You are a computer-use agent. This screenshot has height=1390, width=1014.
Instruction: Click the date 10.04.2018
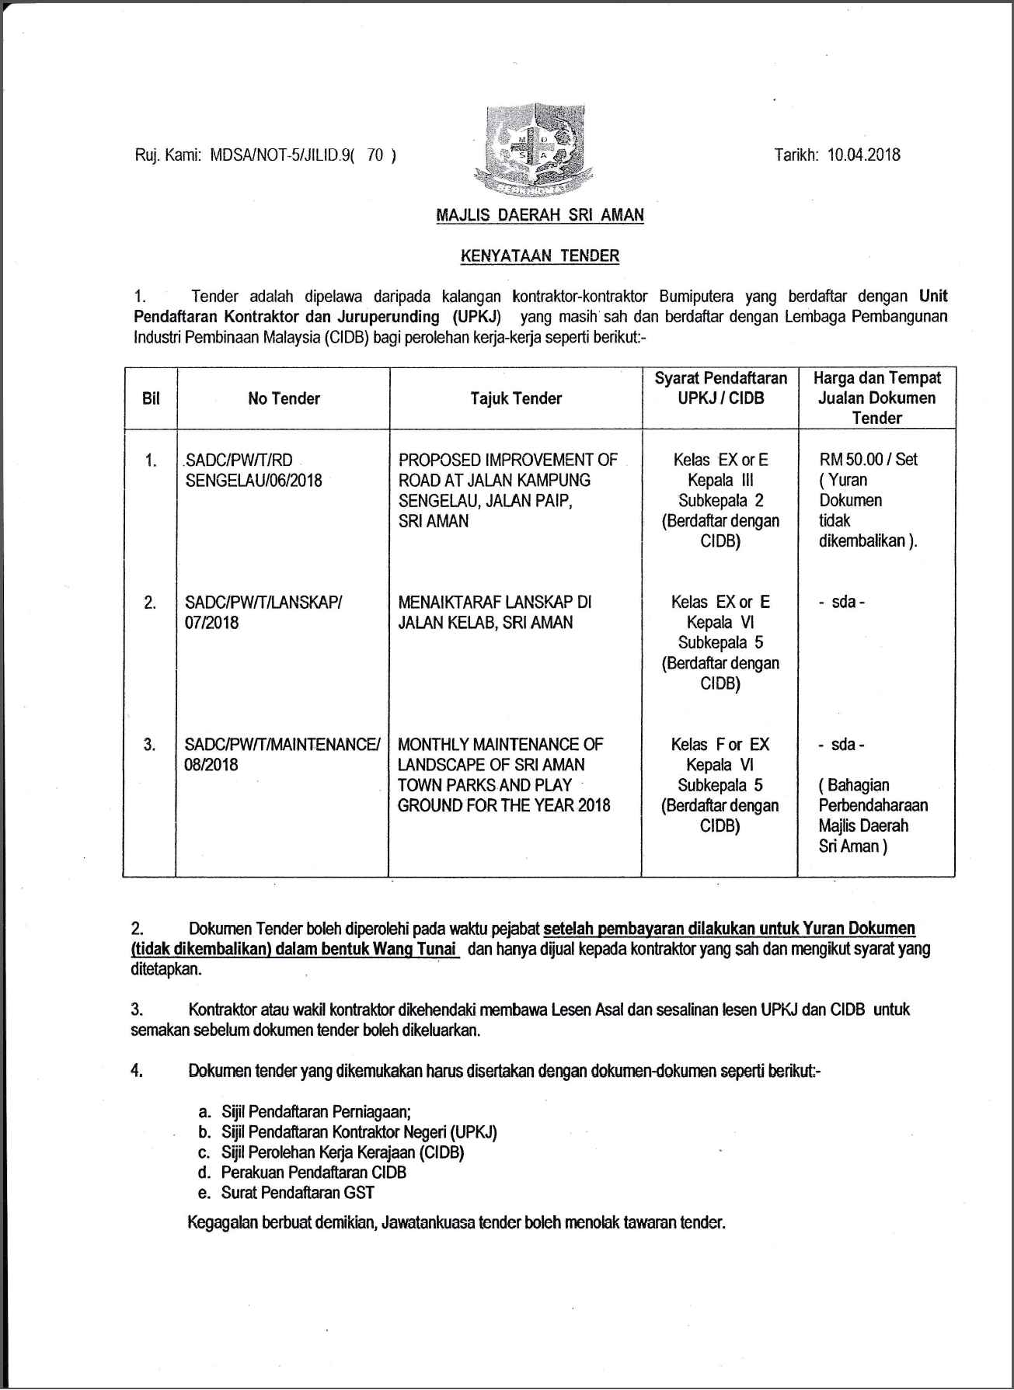pos(863,154)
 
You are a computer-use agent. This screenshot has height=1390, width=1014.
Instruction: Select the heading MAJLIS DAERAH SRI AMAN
pos(540,215)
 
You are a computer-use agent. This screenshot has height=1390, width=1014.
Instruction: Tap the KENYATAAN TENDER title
pos(540,255)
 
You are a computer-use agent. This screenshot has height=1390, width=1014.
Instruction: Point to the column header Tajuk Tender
pos(516,398)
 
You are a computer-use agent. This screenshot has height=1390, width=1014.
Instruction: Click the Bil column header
pos(151,398)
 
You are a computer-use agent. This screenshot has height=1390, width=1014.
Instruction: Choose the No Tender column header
pos(284,398)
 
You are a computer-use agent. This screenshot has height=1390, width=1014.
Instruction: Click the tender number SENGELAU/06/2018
pos(253,480)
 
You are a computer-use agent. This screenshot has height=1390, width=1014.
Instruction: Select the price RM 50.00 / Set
pos(868,459)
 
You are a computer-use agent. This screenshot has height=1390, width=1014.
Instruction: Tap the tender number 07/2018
pos(211,622)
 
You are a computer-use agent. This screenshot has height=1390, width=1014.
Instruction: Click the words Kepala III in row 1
pos(720,480)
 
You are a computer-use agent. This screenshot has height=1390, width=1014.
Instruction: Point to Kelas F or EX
pos(720,744)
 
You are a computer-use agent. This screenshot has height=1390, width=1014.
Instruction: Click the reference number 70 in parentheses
pos(375,155)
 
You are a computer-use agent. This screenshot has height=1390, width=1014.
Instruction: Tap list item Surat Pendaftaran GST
pos(298,1192)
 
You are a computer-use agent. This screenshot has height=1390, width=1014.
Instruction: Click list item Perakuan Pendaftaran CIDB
pos(313,1172)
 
